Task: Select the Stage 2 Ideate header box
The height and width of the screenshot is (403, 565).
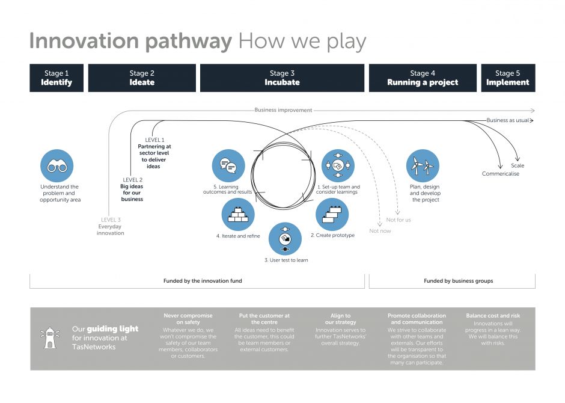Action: pyautogui.click(x=142, y=78)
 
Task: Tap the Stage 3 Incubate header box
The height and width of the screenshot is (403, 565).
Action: pyautogui.click(x=282, y=78)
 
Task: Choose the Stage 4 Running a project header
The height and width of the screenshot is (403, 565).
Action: pyautogui.click(x=423, y=78)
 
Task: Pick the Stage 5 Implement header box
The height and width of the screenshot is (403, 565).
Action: pyautogui.click(x=508, y=78)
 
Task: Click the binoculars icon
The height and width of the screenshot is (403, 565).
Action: pyautogui.click(x=57, y=166)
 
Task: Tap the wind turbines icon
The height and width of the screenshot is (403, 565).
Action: pyautogui.click(x=423, y=166)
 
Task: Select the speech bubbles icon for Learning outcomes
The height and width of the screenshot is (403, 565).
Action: pyautogui.click(x=228, y=165)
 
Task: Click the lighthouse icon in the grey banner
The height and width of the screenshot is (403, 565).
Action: pyautogui.click(x=49, y=338)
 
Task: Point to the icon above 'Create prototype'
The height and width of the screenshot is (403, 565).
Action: pyautogui.click(x=332, y=215)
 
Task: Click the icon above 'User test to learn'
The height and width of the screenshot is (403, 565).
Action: pyautogui.click(x=286, y=239)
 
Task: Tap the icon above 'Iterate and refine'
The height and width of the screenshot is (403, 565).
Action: pyautogui.click(x=238, y=215)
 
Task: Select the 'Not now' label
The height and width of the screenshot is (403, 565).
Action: pyautogui.click(x=380, y=231)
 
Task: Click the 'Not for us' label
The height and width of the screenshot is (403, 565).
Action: pyautogui.click(x=399, y=220)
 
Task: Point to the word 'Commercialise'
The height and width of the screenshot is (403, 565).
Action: pyautogui.click(x=501, y=174)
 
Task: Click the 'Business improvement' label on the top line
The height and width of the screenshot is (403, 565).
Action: pyautogui.click(x=283, y=110)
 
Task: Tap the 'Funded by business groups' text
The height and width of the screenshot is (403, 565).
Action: pyautogui.click(x=458, y=281)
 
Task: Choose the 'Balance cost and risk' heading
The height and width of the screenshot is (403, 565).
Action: pyautogui.click(x=493, y=316)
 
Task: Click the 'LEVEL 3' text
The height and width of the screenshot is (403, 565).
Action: pyautogui.click(x=111, y=220)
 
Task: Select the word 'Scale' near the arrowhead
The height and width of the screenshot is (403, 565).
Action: pyautogui.click(x=518, y=165)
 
